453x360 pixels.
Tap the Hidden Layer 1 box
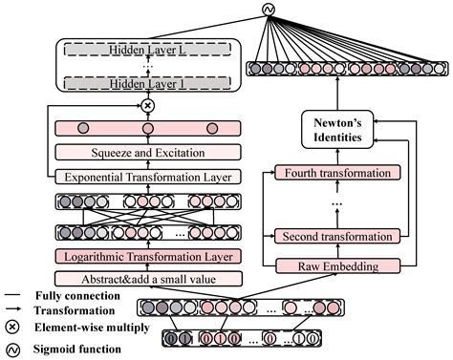coord(147,85)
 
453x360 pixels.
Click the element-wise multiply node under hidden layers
coord(147,105)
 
